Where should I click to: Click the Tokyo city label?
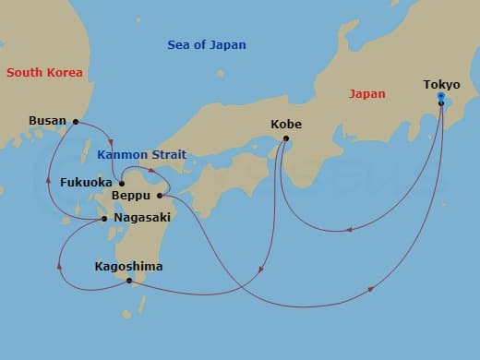441,85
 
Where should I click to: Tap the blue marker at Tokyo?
441,97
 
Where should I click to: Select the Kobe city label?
286,124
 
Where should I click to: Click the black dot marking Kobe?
286,138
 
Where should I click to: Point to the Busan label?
47,120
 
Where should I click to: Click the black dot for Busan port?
76,121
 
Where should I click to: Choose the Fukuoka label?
86,183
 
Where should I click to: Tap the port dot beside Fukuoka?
121,183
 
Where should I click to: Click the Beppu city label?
131,196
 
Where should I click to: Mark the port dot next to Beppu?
160,195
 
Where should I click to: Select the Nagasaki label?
140,219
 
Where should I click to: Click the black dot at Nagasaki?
103,219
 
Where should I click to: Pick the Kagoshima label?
128,267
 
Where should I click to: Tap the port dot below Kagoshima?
129,280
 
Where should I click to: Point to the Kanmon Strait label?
140,154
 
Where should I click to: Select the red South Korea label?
43,72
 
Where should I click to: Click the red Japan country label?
366,92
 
